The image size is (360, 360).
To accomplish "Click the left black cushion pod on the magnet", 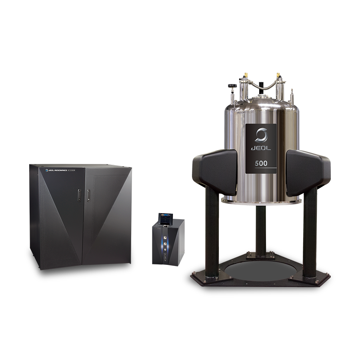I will pyautogui.click(x=215, y=172).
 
